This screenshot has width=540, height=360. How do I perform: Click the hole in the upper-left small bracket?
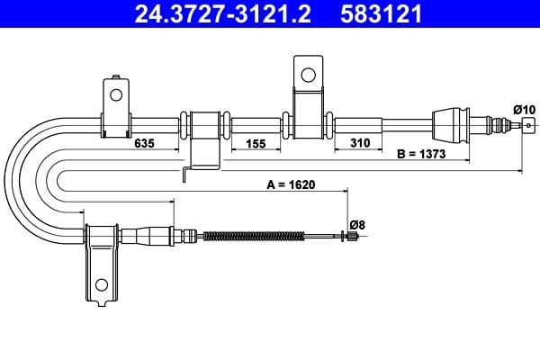pyautogui.click(x=115, y=94)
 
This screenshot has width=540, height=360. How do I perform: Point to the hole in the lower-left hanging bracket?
pyautogui.click(x=101, y=286)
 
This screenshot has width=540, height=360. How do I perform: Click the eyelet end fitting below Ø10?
pyautogui.click(x=527, y=126)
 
